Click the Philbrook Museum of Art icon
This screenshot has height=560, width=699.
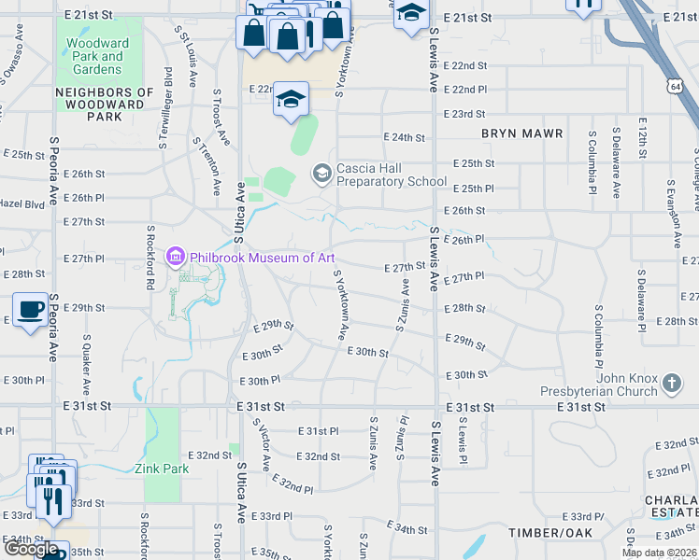point(175,258)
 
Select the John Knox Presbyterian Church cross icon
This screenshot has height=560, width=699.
point(671,383)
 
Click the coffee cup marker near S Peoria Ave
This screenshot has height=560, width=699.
point(30,310)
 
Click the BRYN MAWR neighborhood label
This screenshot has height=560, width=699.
point(522,133)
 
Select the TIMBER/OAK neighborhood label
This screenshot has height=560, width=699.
point(549,532)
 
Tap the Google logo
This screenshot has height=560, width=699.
point(32,549)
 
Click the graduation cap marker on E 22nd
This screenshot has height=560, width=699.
point(291,99)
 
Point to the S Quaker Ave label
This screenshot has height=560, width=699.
point(86,365)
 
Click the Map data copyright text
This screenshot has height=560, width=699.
point(659,553)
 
